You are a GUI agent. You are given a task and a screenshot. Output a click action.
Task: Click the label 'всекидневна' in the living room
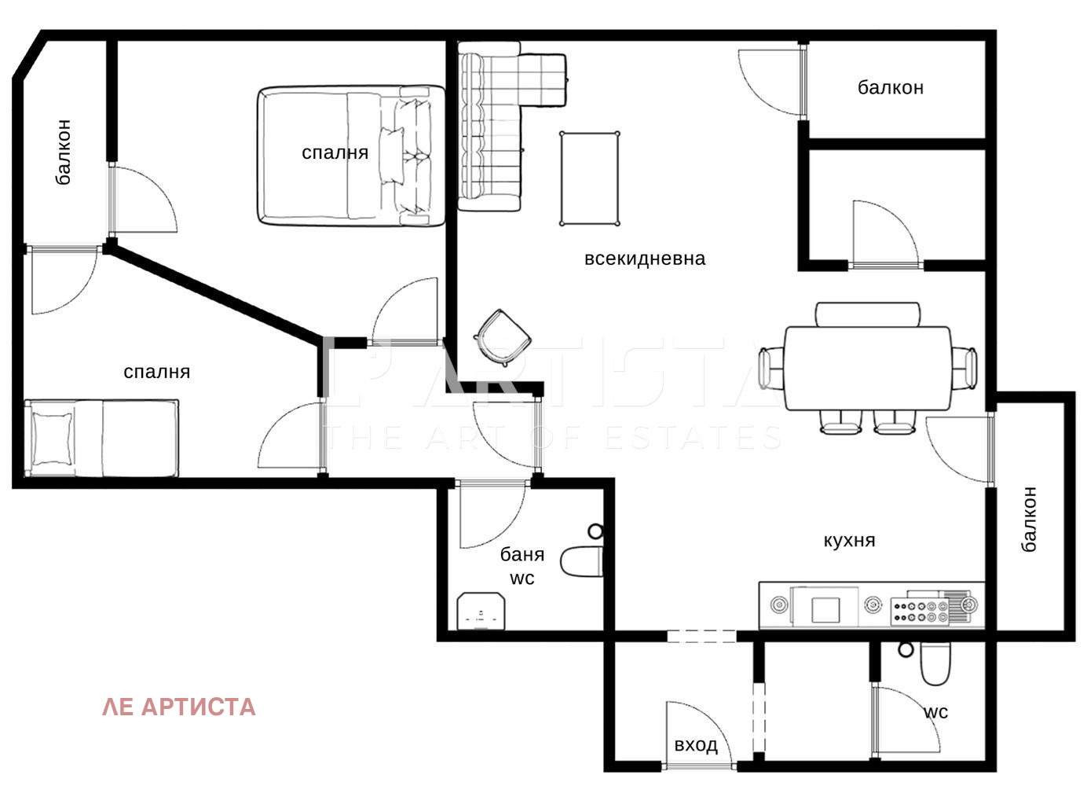click(645, 259)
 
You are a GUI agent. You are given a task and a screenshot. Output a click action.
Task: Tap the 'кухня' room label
click(849, 541)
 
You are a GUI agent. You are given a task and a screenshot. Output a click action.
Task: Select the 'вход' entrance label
click(696, 744)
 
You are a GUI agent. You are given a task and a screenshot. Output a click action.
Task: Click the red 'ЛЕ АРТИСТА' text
click(178, 707)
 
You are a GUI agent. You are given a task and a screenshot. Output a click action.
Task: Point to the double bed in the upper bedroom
click(351, 156)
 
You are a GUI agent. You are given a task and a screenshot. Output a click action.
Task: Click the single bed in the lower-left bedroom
click(101, 439)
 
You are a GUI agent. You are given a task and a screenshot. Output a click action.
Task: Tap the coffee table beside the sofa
click(590, 178)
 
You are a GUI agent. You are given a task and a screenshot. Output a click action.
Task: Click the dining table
click(868, 369)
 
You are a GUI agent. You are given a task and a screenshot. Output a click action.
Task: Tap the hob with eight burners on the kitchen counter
click(920, 612)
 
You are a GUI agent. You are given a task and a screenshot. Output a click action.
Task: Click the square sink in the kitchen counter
click(825, 610)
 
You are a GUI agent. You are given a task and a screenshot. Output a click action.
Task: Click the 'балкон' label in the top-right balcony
click(891, 88)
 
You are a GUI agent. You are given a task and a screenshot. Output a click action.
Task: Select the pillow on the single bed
click(52, 439)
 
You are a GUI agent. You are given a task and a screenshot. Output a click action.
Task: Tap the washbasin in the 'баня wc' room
click(481, 611)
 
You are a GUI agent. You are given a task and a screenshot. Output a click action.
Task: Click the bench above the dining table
click(868, 314)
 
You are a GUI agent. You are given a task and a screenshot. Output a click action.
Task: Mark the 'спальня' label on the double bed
click(335, 153)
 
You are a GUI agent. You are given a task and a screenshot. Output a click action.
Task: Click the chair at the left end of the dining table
click(772, 368)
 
